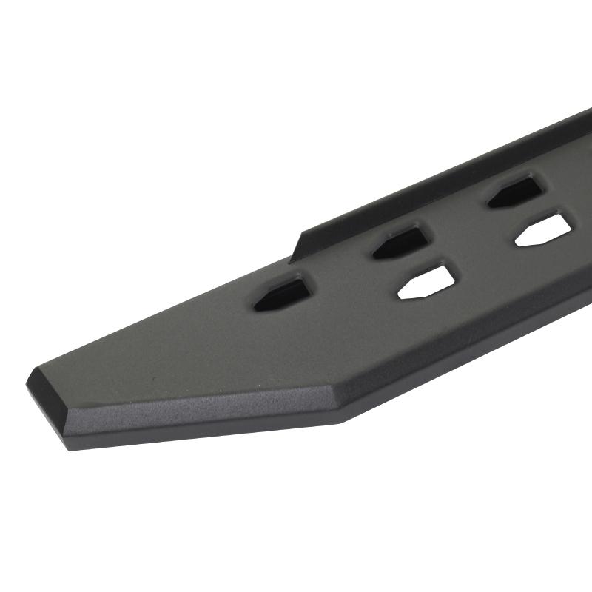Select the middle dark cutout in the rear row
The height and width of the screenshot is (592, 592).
point(400,242)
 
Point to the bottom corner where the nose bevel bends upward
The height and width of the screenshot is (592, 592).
point(342,420)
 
